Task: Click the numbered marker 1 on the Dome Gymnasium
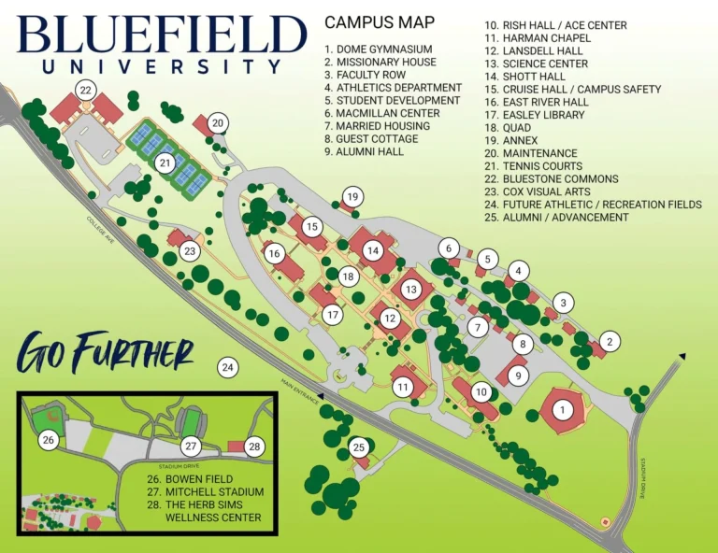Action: tap(562, 409)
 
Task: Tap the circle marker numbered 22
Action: tap(86, 90)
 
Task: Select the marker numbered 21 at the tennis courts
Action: tap(165, 163)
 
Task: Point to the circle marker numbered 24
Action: tap(227, 367)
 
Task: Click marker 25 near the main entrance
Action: tap(359, 448)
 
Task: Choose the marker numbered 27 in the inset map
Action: tap(191, 447)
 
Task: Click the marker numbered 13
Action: tap(411, 290)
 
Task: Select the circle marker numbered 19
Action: tap(352, 197)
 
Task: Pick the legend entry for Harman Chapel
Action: tap(537, 38)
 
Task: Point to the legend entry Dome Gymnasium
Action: tap(378, 50)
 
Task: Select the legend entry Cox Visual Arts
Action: tap(537, 191)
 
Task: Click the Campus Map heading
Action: tap(379, 21)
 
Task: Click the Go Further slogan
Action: tap(105, 353)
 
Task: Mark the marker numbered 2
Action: tap(610, 341)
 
